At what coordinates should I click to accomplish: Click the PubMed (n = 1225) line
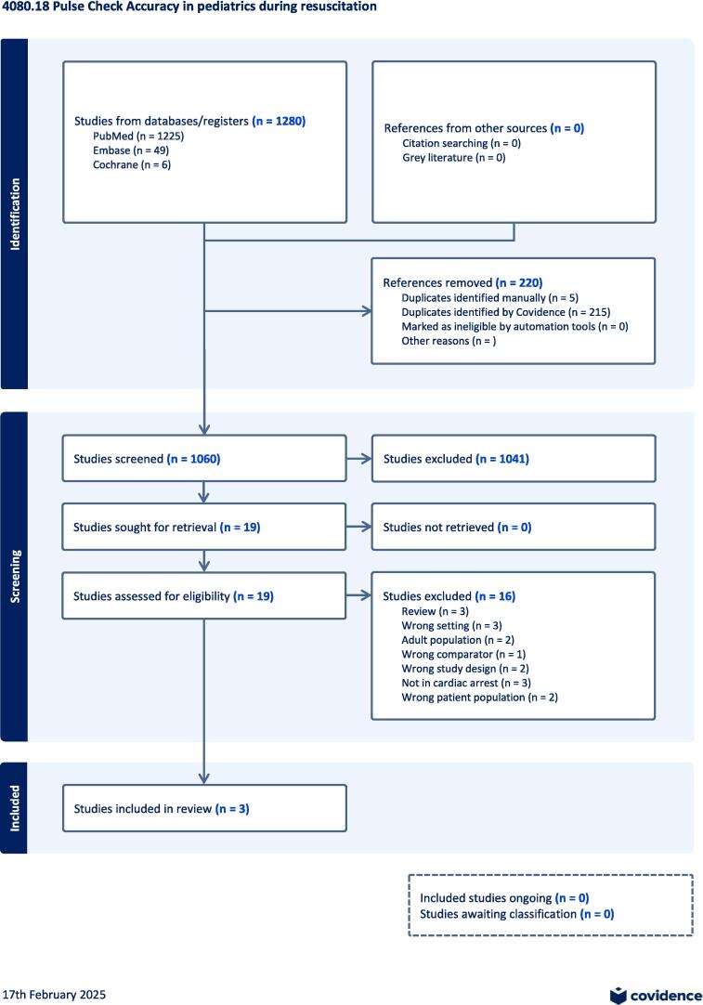[132, 137]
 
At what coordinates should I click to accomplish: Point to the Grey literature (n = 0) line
[453, 158]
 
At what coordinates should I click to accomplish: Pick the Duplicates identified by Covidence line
[505, 312]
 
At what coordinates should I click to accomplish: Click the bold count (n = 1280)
[279, 122]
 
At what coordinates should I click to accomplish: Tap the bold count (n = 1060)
[193, 459]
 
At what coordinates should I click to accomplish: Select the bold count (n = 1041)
[502, 459]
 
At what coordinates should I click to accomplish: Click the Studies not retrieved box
[513, 527]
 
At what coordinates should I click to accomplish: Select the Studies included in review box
[204, 809]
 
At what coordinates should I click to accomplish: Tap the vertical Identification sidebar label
[15, 214]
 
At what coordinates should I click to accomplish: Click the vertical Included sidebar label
[15, 808]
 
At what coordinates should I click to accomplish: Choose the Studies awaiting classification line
[516, 914]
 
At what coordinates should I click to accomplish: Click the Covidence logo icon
[618, 995]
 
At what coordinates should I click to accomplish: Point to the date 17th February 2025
[54, 995]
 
